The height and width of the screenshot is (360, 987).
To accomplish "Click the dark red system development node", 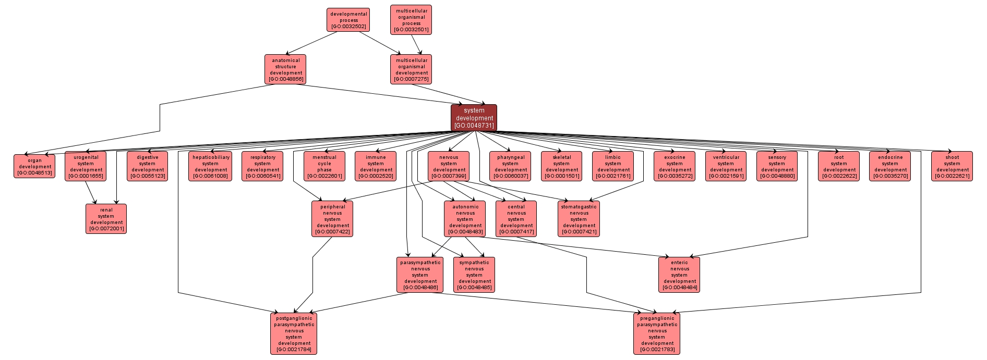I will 474,118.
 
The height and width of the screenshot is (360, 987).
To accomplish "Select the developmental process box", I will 349,20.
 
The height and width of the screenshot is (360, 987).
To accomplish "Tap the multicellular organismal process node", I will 411,20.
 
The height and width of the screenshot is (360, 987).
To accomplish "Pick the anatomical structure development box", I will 285,69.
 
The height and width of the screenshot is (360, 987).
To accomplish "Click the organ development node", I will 34,166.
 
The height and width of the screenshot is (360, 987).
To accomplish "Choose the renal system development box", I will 106,219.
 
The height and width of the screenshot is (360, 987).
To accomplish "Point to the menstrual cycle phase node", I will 324,166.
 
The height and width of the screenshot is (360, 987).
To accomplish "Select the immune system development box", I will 376,166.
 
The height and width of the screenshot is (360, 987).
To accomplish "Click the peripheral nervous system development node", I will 332,219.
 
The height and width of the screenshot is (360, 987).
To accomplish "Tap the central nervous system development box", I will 516,219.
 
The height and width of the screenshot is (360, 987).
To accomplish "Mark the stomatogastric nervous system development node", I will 579,219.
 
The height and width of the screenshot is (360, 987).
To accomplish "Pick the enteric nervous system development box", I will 679,275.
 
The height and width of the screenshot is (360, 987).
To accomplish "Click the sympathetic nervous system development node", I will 474,275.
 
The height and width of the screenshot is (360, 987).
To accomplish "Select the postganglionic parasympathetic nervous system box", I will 294,333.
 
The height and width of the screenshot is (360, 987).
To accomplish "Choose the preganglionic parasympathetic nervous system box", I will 657,333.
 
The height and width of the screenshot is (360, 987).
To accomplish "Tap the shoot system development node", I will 952,166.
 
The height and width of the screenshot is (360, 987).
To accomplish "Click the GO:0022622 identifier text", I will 839,176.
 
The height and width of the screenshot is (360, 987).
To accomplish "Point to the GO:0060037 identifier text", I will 511,176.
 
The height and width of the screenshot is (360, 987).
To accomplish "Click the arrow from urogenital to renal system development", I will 91,192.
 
